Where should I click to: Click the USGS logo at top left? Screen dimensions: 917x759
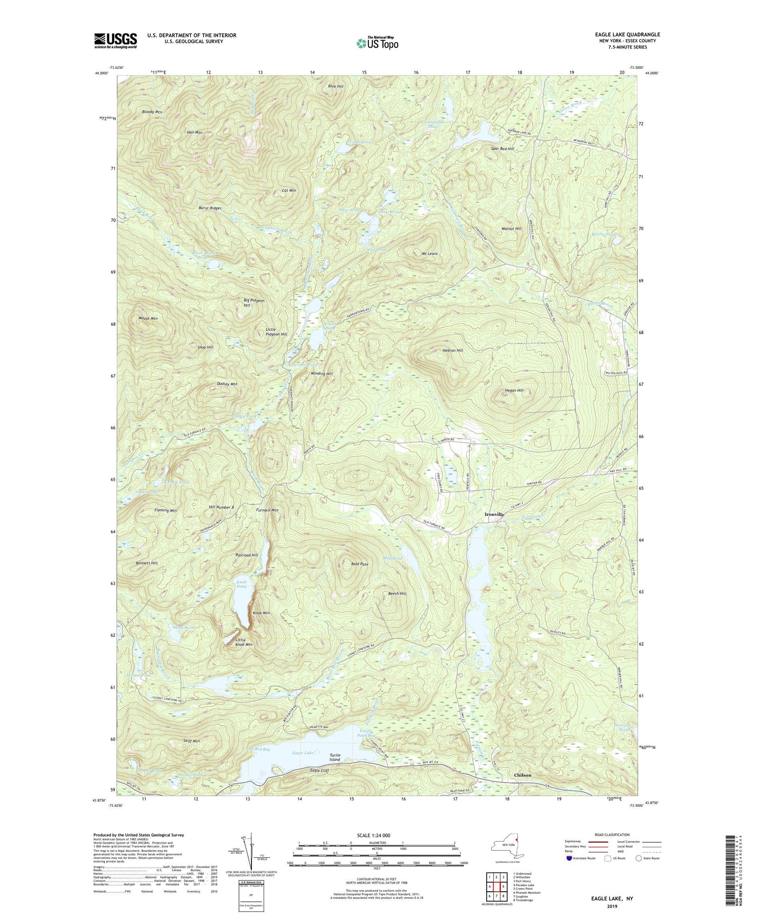click(x=115, y=40)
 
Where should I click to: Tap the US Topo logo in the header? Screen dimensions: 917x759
click(x=377, y=43)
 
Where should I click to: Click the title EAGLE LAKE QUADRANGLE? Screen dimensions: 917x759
click(x=627, y=34)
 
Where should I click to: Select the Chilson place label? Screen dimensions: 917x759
click(x=523, y=775)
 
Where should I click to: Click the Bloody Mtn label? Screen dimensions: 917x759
click(x=152, y=112)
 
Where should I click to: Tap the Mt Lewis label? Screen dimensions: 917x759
click(x=430, y=253)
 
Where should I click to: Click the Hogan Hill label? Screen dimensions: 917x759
click(x=514, y=390)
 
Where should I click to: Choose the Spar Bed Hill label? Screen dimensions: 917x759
click(x=502, y=149)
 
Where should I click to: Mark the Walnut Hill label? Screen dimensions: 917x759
click(x=511, y=229)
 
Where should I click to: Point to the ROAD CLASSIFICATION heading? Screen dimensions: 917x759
click(x=612, y=835)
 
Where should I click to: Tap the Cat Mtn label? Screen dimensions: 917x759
click(x=288, y=191)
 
